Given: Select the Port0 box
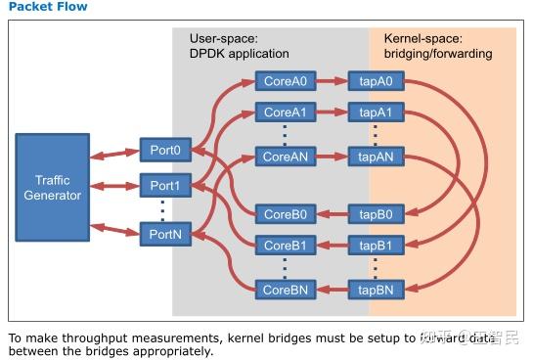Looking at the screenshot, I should [x=163, y=150].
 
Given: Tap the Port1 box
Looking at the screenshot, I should [x=163, y=185].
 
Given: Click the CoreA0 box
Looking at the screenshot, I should [x=284, y=80].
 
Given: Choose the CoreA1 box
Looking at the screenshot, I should [x=284, y=112].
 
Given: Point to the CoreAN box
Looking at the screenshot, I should [x=284, y=155].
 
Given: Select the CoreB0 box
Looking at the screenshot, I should [x=284, y=213].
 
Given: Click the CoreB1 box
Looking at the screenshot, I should [x=284, y=245].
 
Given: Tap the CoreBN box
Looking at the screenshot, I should [x=284, y=289].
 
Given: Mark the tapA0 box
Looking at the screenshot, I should [x=374, y=80].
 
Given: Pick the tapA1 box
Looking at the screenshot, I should [x=374, y=112].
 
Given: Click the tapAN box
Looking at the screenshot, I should [x=374, y=155].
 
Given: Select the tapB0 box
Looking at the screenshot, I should [x=374, y=213].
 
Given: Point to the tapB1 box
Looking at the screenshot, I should [x=374, y=245].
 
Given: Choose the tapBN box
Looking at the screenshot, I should [x=374, y=289].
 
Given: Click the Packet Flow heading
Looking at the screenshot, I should [x=47, y=7].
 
